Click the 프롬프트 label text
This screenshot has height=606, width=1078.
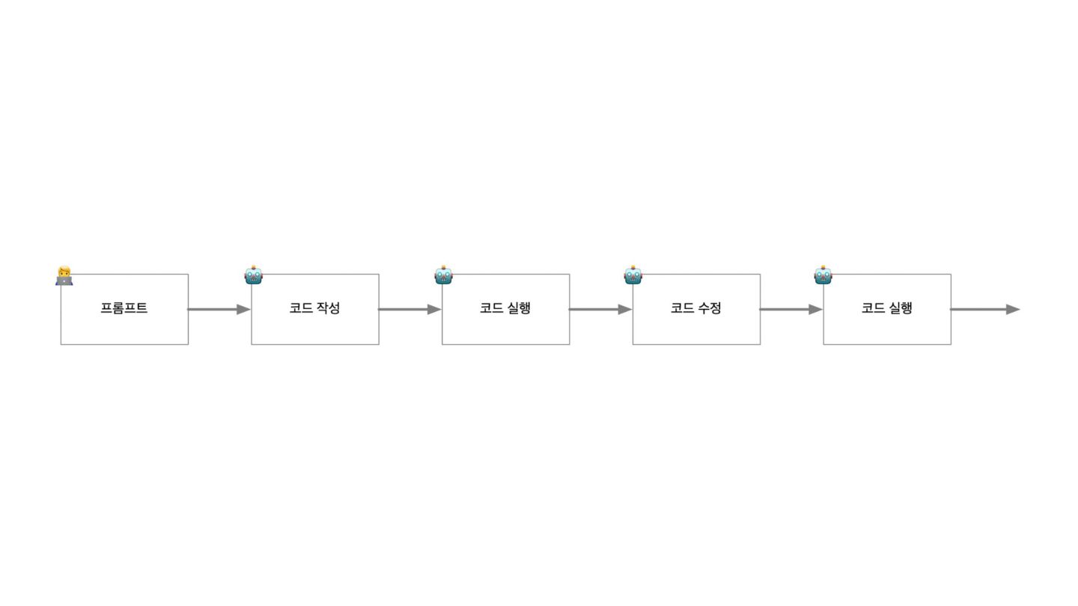(124, 308)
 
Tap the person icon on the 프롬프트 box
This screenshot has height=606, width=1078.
(64, 275)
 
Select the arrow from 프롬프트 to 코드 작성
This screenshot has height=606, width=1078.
(218, 309)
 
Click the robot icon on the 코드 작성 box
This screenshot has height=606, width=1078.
(254, 275)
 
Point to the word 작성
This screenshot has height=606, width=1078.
(328, 308)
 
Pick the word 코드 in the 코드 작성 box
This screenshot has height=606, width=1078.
(301, 308)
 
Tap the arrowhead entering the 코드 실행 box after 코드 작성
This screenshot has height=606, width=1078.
(434, 309)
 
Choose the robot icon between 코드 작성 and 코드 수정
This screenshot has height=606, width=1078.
(444, 275)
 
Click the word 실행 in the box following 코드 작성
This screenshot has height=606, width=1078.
(519, 308)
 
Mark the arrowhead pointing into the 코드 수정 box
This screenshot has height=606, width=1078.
(625, 309)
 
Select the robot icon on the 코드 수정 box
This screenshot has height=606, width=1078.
(633, 275)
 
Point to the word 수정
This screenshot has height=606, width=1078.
(709, 308)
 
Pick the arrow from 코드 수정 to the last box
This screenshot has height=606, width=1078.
(791, 309)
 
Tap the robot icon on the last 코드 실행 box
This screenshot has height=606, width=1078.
(823, 275)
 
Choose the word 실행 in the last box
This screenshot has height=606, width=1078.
(900, 308)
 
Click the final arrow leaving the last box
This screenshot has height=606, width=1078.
(984, 309)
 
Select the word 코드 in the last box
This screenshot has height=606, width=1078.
(873, 308)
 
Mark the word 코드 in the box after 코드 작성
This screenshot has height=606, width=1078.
(492, 308)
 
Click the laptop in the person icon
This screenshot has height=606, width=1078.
(64, 281)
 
